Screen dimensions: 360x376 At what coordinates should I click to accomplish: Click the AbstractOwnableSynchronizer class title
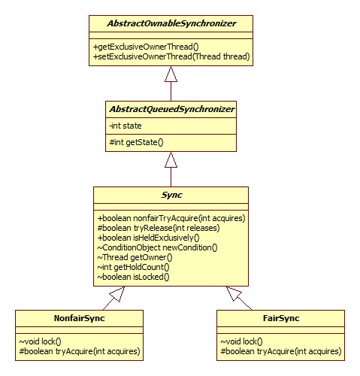pyautogui.click(x=171, y=23)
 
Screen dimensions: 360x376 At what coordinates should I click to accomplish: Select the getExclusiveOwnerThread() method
pyautogui.click(x=146, y=47)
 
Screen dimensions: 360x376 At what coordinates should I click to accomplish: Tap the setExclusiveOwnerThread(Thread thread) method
pyautogui.click(x=171, y=56)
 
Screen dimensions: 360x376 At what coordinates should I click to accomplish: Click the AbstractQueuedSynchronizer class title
pyautogui.click(x=171, y=109)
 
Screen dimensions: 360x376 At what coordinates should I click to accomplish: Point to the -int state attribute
pyautogui.click(x=126, y=126)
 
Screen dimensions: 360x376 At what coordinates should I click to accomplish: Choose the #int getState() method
pyautogui.click(x=136, y=142)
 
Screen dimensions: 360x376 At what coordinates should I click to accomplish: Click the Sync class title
pyautogui.click(x=171, y=195)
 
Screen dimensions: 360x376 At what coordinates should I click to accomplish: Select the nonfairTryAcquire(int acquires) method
pyautogui.click(x=171, y=218)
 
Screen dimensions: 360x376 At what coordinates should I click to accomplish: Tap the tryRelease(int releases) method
pyautogui.click(x=159, y=228)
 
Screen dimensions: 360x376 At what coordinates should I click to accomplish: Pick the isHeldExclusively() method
pyautogui.click(x=149, y=238)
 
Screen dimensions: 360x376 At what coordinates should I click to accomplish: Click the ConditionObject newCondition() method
pyautogui.click(x=158, y=247)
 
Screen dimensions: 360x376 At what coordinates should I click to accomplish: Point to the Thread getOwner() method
pyautogui.click(x=135, y=257)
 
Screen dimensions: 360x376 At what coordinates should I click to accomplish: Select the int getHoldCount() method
pyautogui.click(x=134, y=267)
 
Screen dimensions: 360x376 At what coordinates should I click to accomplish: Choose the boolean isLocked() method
pyautogui.click(x=134, y=277)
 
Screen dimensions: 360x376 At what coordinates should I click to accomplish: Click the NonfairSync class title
pyautogui.click(x=79, y=318)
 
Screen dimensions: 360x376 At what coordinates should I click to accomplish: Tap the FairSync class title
pyautogui.click(x=281, y=318)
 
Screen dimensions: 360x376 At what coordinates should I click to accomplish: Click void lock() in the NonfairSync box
pyautogui.click(x=40, y=341)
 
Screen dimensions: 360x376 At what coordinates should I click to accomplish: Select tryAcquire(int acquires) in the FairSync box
pyautogui.click(x=281, y=351)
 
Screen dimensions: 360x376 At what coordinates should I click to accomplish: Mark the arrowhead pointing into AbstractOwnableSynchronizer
pyautogui.click(x=171, y=74)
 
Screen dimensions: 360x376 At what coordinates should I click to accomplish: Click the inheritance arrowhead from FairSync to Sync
pyautogui.click(x=234, y=293)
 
